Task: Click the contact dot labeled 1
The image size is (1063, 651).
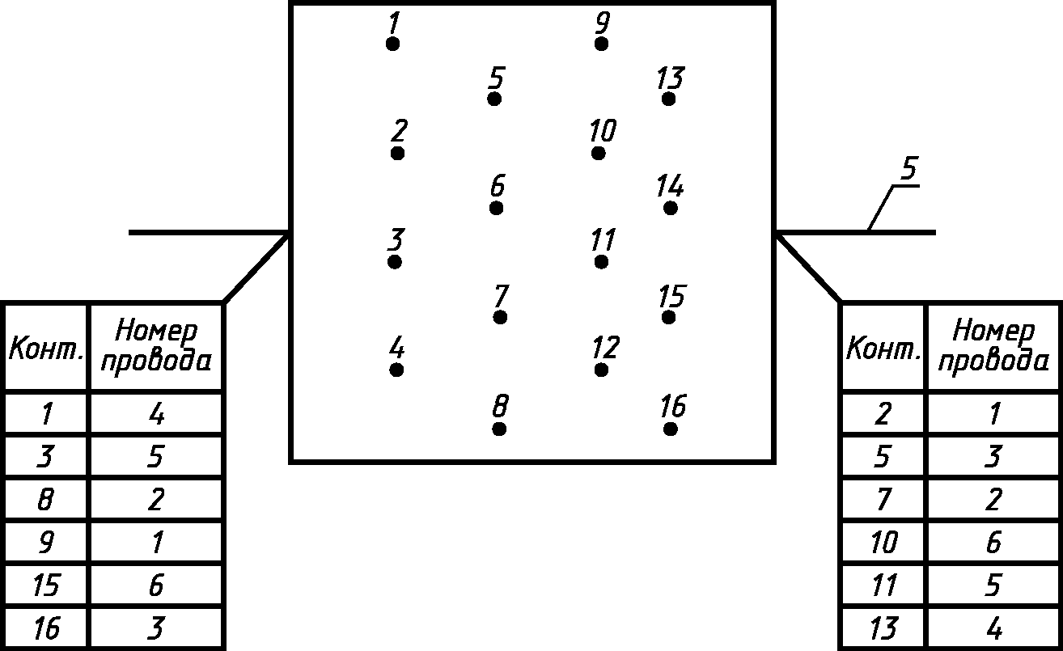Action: [x=392, y=44]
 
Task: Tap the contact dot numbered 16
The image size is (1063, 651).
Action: [x=671, y=429]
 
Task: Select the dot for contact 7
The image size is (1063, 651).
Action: [x=500, y=318]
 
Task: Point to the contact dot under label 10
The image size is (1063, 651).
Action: [x=599, y=154]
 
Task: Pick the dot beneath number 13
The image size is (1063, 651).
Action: [x=668, y=99]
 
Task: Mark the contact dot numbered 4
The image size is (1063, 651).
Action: [x=396, y=370]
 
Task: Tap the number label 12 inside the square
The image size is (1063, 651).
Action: [x=604, y=348]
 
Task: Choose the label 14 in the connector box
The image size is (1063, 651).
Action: [x=670, y=188]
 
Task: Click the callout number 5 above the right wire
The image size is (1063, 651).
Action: [x=908, y=170]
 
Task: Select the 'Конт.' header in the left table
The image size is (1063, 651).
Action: [x=46, y=351]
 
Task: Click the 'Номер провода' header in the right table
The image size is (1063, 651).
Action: [x=993, y=346]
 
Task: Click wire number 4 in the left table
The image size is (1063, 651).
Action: [x=157, y=415]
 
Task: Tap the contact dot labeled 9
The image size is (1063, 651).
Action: [x=601, y=44]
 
